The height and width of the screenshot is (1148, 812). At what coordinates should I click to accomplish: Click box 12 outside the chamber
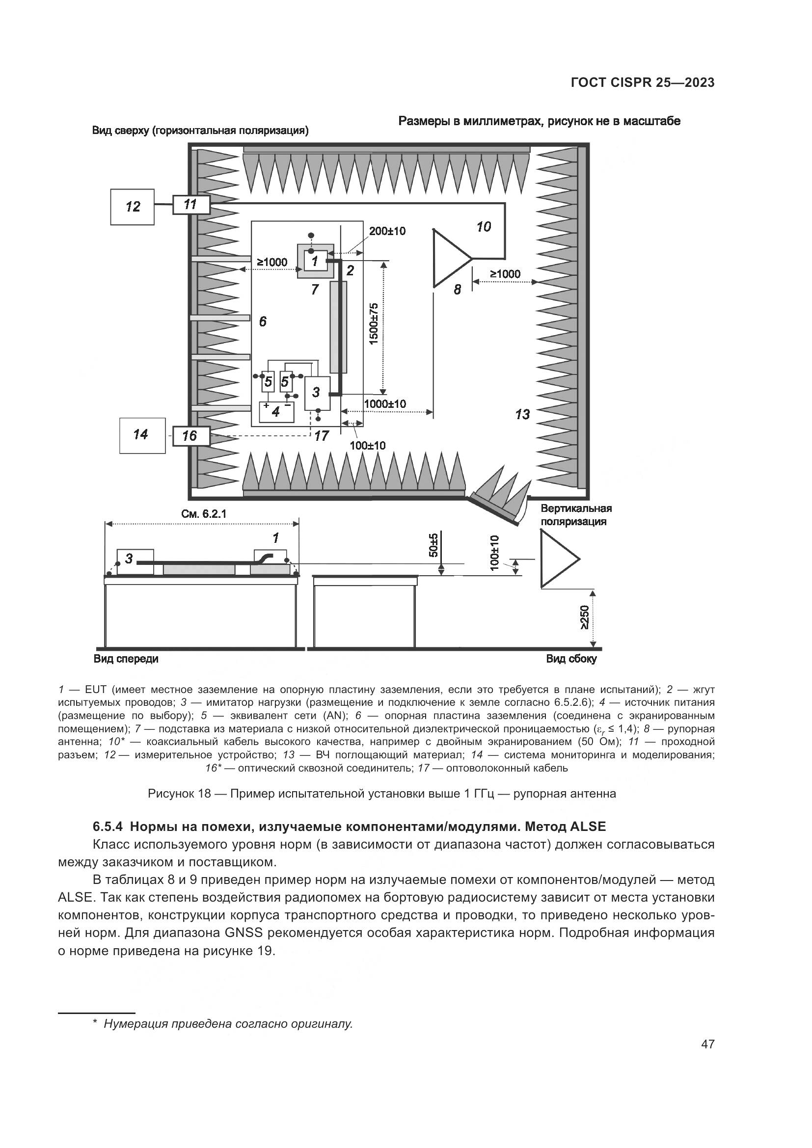point(132,207)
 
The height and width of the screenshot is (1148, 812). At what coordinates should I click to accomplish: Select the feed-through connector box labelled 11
point(190,205)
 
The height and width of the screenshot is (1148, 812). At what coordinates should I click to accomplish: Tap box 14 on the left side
point(142,435)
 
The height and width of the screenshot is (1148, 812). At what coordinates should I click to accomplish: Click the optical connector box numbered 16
point(190,435)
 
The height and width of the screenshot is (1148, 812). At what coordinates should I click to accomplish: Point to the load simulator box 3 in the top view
point(317,393)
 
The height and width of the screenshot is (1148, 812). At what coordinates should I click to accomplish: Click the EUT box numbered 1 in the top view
point(316,261)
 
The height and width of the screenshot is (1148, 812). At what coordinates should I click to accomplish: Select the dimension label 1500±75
point(374,324)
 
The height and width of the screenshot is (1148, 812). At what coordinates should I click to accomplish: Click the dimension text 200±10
point(387,231)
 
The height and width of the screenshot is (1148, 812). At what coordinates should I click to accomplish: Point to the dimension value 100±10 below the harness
point(368,445)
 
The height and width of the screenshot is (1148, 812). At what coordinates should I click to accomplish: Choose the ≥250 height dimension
point(584,618)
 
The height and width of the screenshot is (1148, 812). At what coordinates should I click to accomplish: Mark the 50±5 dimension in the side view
point(433,545)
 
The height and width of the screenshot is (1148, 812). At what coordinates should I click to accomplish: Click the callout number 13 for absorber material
point(522,414)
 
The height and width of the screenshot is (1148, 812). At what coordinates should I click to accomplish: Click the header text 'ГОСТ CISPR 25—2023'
point(643,83)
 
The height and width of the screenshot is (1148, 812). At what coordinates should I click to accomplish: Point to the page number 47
point(707,1044)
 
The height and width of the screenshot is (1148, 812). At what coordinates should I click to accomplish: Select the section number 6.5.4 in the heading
point(108,827)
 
